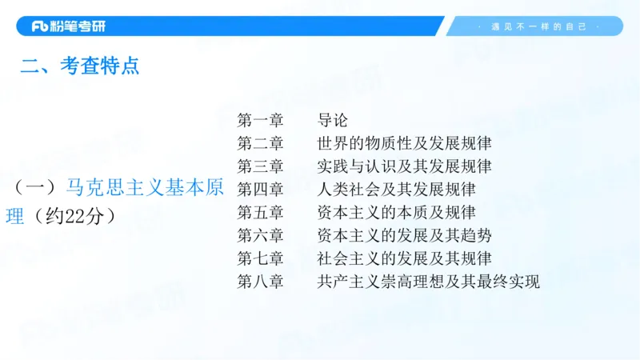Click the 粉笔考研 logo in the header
point(68,26)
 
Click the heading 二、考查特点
point(80,66)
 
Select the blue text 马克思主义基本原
point(144,188)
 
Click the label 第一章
point(260,121)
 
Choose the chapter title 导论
point(333,121)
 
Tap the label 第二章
point(260,144)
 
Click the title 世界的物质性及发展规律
point(404,144)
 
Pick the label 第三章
point(260,166)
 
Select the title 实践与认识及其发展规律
point(404,166)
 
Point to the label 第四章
point(260,190)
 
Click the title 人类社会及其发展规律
point(396,190)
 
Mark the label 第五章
point(260,213)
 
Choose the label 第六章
point(260,235)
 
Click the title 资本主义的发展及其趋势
point(404,235)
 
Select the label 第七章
point(260,258)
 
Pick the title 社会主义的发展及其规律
point(404,258)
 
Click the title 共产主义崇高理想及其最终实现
point(428,282)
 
